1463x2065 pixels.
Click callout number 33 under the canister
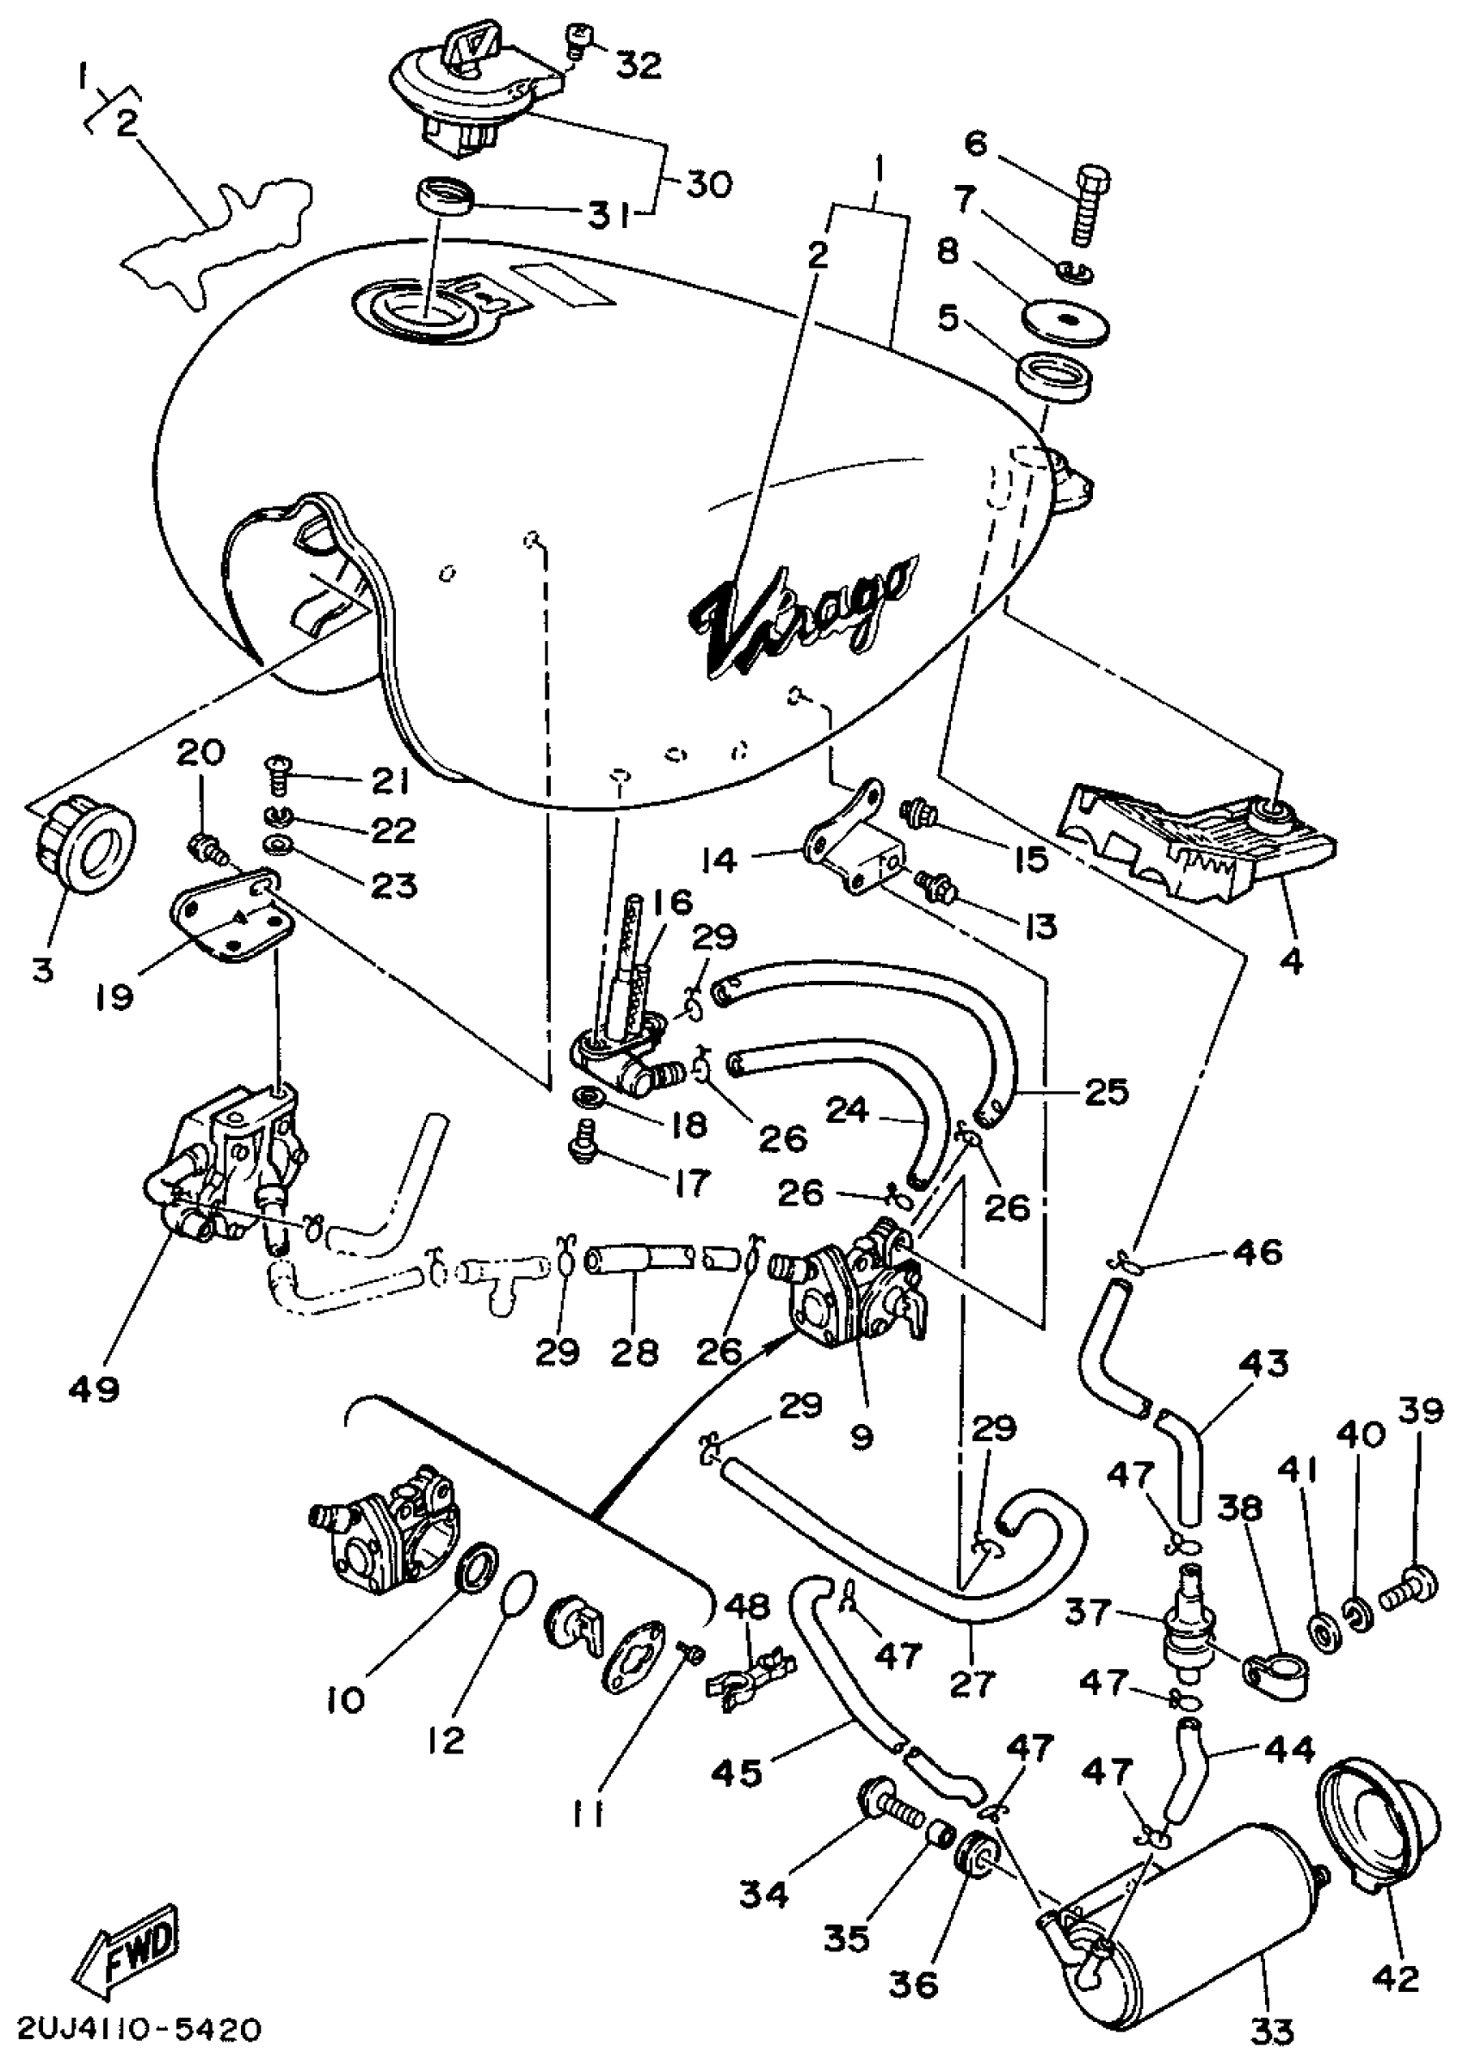click(1272, 2031)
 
